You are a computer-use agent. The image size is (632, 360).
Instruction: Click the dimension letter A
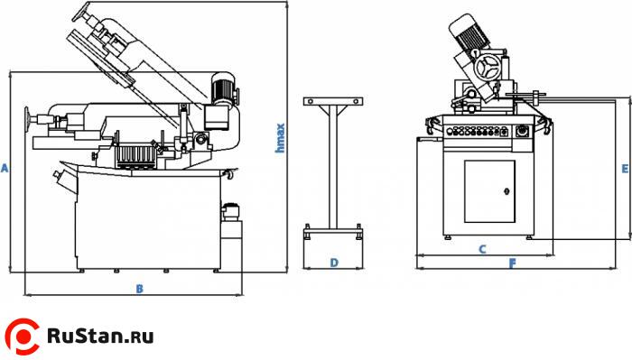tap(5, 168)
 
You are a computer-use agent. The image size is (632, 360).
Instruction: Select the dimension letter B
tap(139, 289)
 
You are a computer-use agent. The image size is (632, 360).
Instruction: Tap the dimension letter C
tap(482, 249)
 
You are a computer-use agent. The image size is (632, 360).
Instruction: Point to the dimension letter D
tap(334, 263)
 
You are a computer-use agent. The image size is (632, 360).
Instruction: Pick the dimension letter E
tap(625, 169)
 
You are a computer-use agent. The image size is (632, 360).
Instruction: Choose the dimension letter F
tap(512, 263)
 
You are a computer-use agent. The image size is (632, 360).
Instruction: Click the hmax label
tap(280, 138)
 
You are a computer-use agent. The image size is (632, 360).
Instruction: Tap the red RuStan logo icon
tap(23, 337)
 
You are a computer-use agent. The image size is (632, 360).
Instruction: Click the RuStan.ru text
tap(100, 336)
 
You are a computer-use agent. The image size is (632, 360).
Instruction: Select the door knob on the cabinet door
tap(507, 191)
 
